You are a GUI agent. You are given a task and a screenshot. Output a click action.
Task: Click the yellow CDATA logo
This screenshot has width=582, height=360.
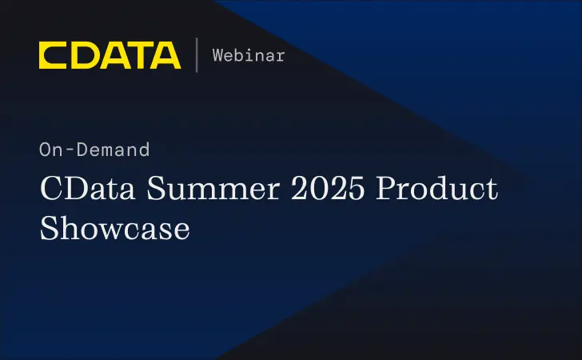pyautogui.click(x=110, y=55)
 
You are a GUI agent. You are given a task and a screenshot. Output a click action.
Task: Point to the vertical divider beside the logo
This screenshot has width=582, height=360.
pyautogui.click(x=197, y=55)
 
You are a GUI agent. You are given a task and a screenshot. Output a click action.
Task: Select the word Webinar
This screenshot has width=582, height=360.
pyautogui.click(x=249, y=55)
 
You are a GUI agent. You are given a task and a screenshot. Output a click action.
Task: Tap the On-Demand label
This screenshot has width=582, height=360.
pyautogui.click(x=94, y=149)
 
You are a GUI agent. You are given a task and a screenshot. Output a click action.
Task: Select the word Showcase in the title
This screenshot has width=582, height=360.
pyautogui.click(x=114, y=229)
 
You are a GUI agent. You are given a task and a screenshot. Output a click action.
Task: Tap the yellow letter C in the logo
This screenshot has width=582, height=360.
pyautogui.click(x=52, y=55)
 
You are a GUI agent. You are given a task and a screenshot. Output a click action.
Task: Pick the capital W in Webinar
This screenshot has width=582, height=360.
pyautogui.click(x=217, y=55)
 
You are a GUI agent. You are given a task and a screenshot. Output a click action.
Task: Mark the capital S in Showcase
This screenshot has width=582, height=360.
pyautogui.click(x=49, y=229)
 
